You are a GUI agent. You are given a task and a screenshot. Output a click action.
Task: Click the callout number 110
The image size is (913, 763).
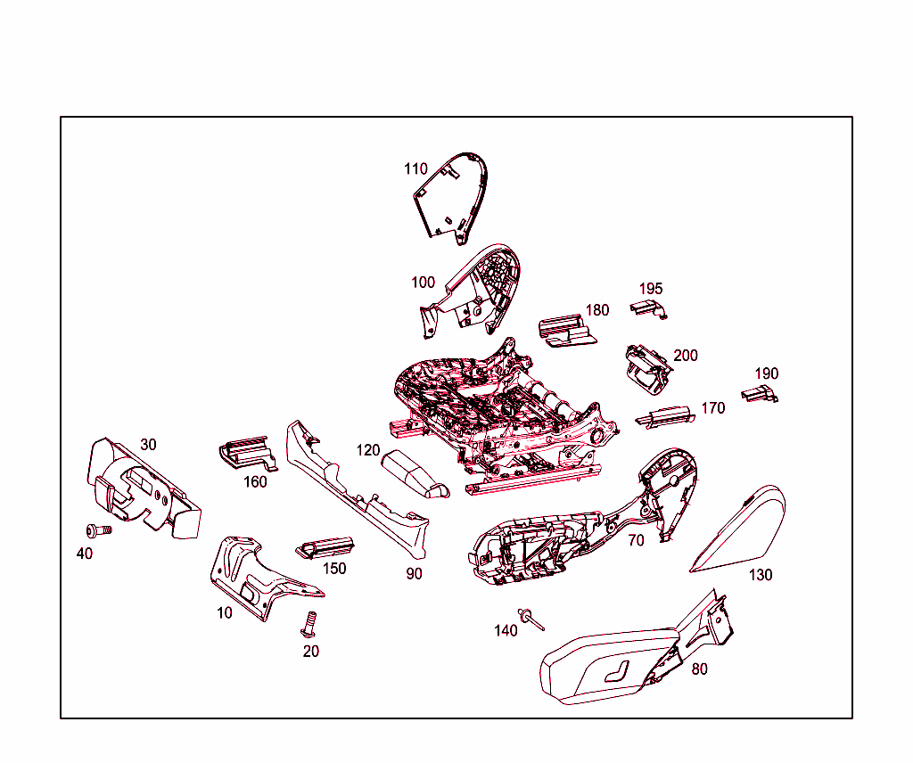[415, 168]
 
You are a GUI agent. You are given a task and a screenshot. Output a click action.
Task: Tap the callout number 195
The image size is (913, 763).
[650, 289]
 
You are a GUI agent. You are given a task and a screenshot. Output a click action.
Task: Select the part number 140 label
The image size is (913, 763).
[506, 630]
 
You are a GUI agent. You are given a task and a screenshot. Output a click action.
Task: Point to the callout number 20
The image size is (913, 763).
[311, 652]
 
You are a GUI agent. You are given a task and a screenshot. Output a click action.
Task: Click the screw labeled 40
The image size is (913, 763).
[98, 530]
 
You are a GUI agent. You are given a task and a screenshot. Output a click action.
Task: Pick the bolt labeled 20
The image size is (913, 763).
[309, 624]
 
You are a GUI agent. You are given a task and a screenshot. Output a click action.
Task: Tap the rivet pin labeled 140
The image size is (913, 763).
[531, 619]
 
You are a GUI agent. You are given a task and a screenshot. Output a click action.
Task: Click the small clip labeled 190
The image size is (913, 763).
[760, 394]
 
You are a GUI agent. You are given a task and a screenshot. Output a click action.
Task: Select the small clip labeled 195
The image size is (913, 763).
[649, 309]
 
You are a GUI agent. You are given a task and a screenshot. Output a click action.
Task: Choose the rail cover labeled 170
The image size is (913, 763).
[665, 417]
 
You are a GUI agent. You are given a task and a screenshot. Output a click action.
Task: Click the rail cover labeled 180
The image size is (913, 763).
[566, 331]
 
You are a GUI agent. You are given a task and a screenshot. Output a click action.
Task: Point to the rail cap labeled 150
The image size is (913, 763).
[325, 547]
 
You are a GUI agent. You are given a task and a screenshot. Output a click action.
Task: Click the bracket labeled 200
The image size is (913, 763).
[647, 368]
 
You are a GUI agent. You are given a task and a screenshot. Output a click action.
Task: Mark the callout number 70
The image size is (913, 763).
[636, 541]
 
